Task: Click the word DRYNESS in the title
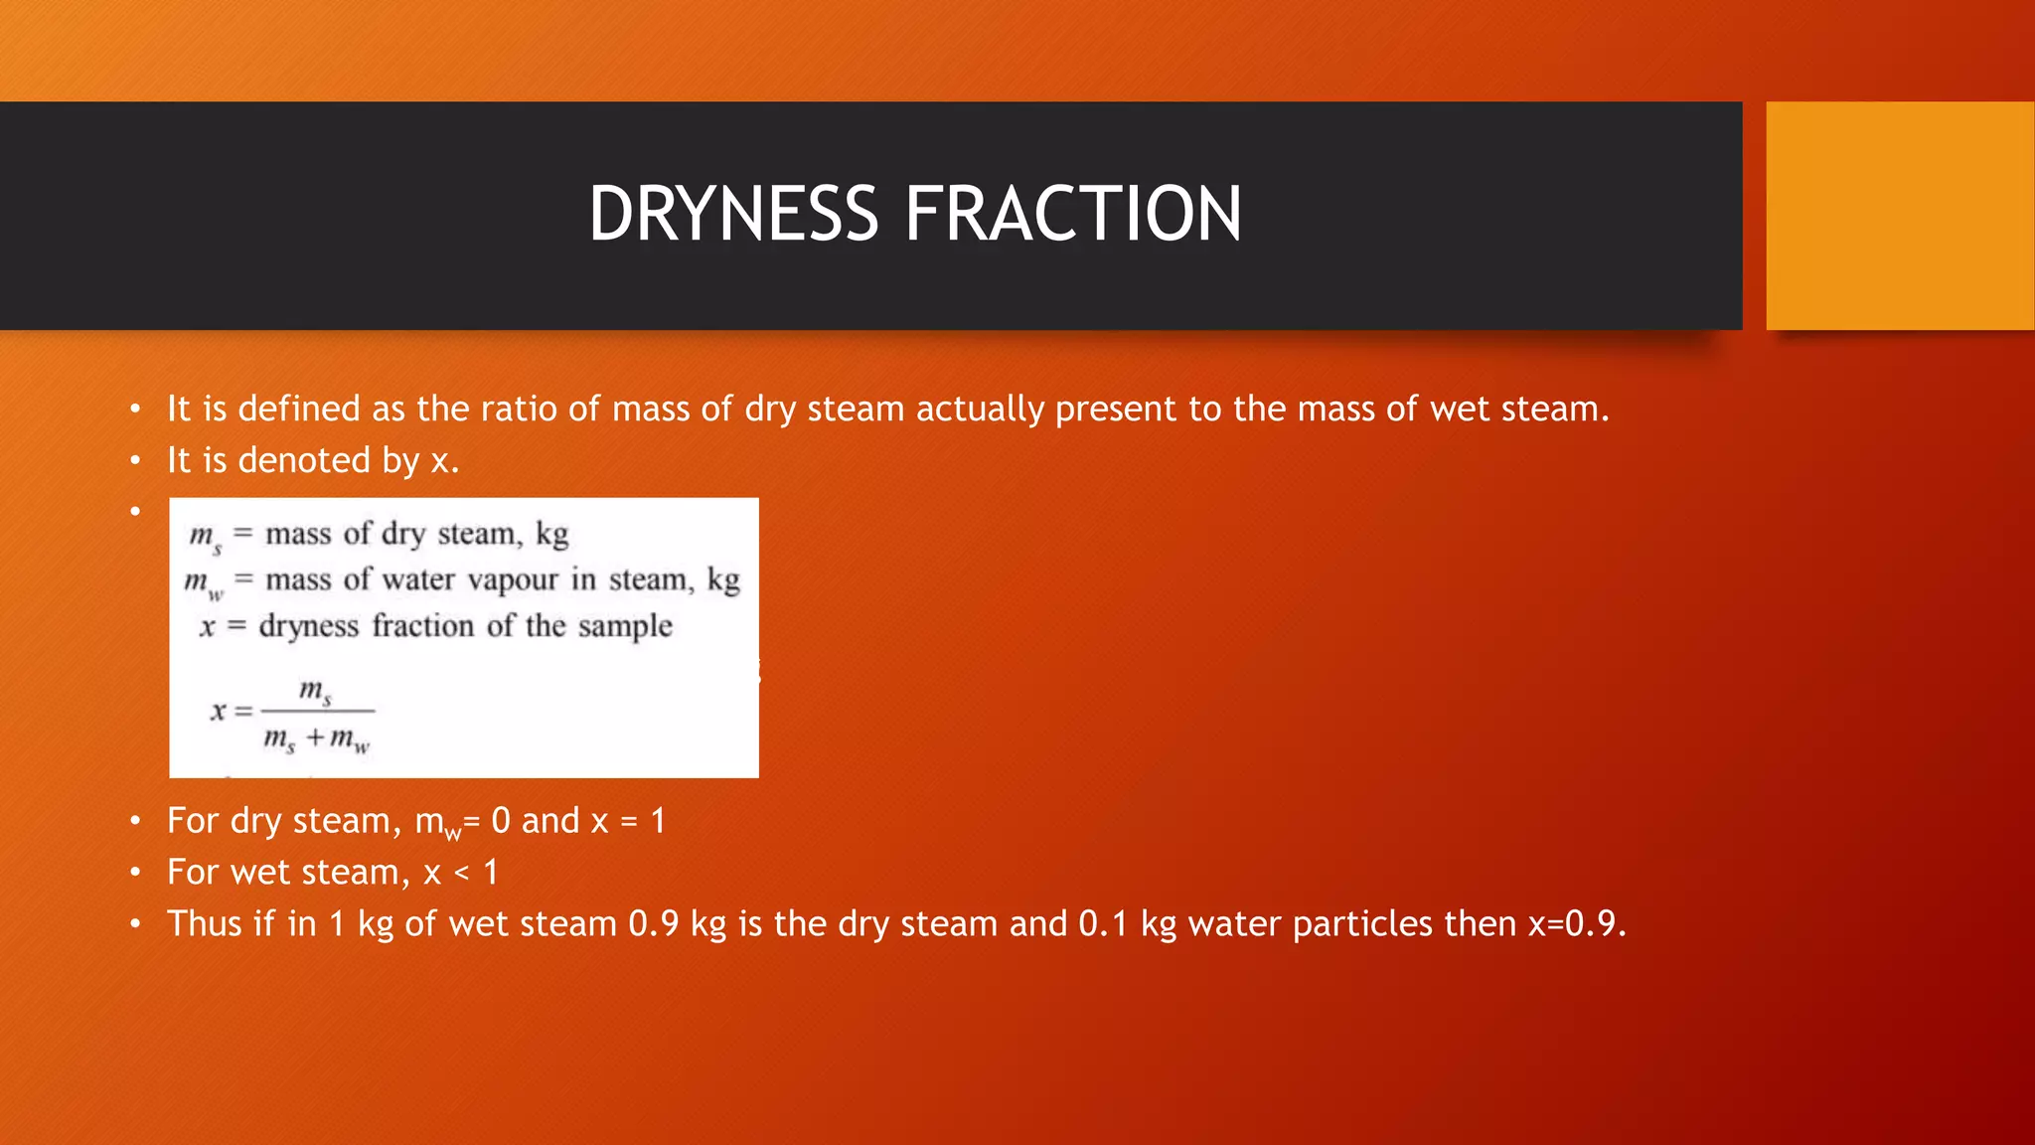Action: tap(733, 215)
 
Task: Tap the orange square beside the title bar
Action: tap(1899, 216)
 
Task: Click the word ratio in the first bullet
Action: tap(519, 409)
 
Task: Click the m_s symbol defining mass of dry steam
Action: tap(206, 537)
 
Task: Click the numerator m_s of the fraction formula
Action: tap(315, 690)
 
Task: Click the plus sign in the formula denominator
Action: tap(315, 737)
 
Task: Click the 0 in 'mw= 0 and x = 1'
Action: tap(501, 821)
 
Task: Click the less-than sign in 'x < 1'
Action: tap(462, 873)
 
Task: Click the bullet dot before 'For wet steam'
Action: tap(135, 873)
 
